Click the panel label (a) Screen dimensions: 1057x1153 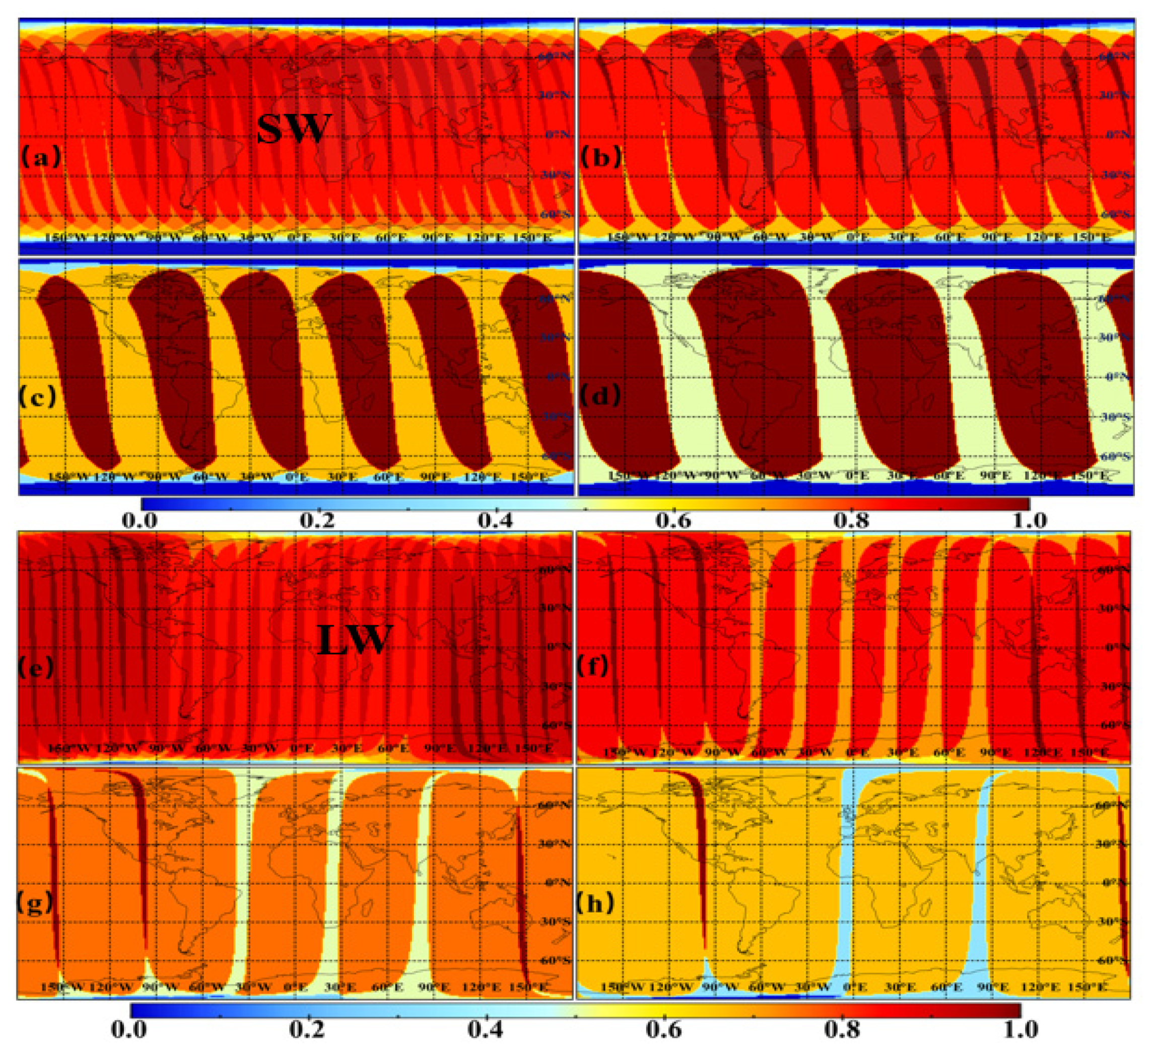(40, 156)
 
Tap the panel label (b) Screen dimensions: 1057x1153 (600, 156)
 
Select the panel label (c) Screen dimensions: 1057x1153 (38, 397)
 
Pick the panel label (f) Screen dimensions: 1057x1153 (592, 665)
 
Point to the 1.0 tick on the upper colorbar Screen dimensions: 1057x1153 (1028, 520)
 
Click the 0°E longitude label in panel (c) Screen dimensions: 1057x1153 (297, 477)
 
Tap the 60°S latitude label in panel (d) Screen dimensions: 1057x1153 (1115, 456)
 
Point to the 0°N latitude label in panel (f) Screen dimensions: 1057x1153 (1115, 647)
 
